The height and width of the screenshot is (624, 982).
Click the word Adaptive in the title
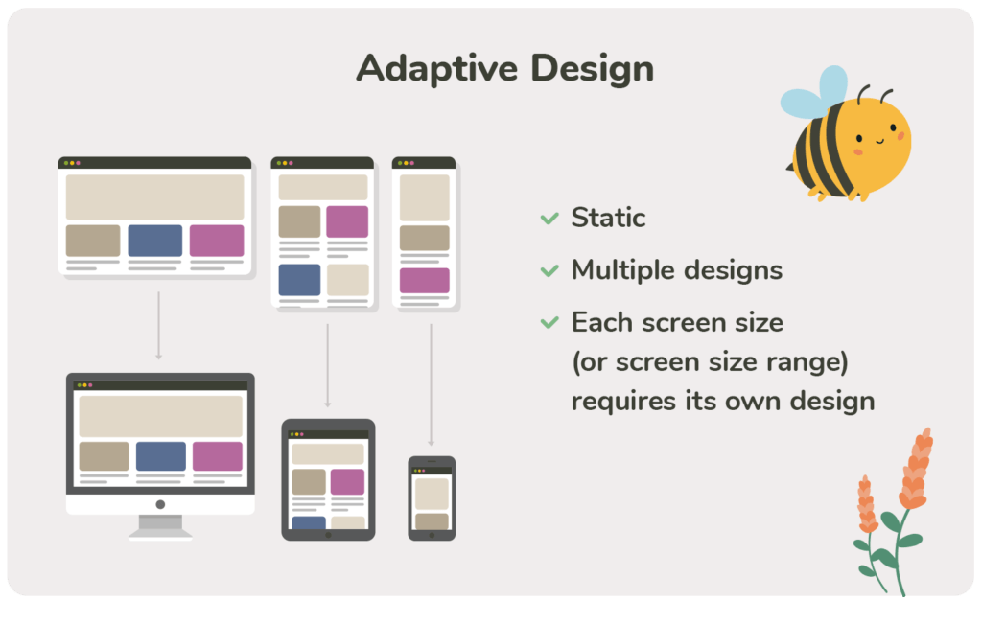437,68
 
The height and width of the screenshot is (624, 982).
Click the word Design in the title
593,68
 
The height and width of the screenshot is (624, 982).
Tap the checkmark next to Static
549,218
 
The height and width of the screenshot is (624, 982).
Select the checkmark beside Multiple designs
549,270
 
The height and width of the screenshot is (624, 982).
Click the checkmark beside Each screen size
549,322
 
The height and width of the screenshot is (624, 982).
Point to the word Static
608,218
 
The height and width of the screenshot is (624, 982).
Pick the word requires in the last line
623,402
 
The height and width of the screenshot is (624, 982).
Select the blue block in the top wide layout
155,241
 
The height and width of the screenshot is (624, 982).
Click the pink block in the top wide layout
217,241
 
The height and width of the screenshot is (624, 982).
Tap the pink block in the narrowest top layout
425,281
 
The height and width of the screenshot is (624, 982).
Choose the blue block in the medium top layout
299,280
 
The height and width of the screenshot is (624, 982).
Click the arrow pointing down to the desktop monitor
159,326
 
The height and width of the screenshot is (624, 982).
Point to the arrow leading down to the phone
431,384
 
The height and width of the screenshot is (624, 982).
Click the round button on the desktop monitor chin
160,504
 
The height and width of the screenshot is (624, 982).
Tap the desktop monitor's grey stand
160,526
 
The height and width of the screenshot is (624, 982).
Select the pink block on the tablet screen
347,482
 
